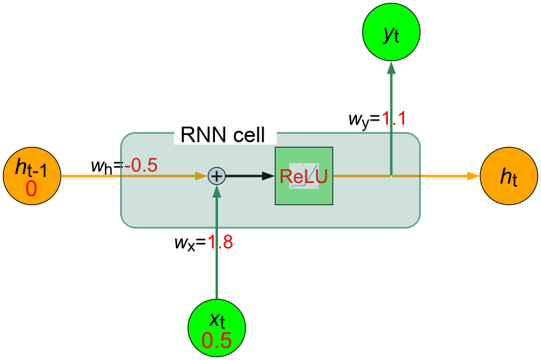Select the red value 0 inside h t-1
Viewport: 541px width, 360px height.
point(31,189)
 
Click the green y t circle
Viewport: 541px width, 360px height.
point(391,34)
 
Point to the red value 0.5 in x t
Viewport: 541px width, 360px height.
point(216,340)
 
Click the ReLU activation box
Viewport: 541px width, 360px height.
point(304,176)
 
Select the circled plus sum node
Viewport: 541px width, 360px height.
point(216,176)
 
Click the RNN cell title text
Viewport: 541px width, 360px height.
point(223,135)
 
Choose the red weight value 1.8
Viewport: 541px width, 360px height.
point(220,243)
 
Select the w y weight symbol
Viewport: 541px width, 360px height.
point(360,119)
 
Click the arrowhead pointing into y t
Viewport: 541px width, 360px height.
point(391,68)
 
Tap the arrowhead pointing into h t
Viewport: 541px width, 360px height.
point(473,176)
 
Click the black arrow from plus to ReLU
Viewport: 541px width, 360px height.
point(249,176)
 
